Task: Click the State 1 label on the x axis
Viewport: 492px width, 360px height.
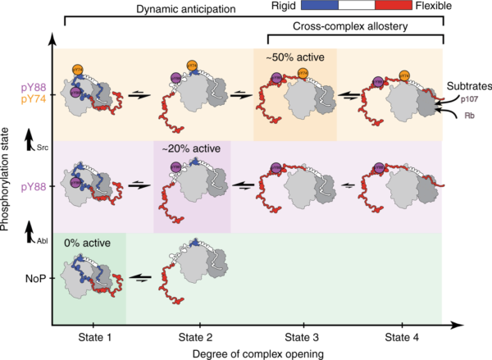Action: point(89,335)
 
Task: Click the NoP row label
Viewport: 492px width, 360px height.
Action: point(33,280)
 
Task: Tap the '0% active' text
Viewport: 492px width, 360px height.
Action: point(89,244)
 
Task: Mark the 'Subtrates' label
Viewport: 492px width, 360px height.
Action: point(468,85)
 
